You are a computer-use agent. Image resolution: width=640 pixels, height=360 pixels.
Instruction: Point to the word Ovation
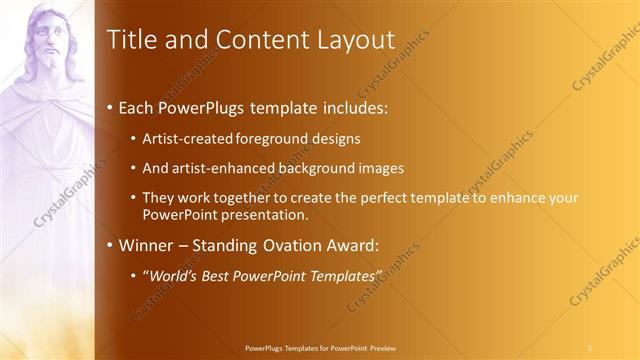(300, 246)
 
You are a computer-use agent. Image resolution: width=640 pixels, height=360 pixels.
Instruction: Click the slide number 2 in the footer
(590, 348)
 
